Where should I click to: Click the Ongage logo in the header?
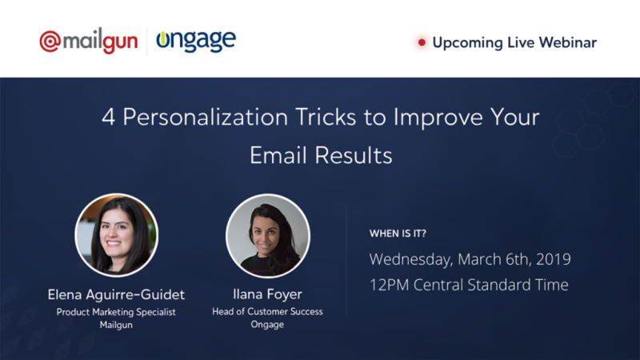coord(196,41)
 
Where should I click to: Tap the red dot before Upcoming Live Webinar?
coord(421,42)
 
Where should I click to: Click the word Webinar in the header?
coord(567,42)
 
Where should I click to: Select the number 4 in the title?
coord(108,118)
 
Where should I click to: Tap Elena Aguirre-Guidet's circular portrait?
coord(116,235)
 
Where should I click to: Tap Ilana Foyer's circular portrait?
coord(267,235)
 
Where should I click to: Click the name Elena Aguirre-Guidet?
coord(116,294)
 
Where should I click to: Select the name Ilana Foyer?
coord(267,294)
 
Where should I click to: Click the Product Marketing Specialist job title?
coord(116,312)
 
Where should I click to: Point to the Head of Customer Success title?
coord(267,312)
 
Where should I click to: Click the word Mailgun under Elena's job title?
coord(116,326)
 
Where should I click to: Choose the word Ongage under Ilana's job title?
coord(267,326)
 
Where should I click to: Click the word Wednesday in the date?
coord(410,260)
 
